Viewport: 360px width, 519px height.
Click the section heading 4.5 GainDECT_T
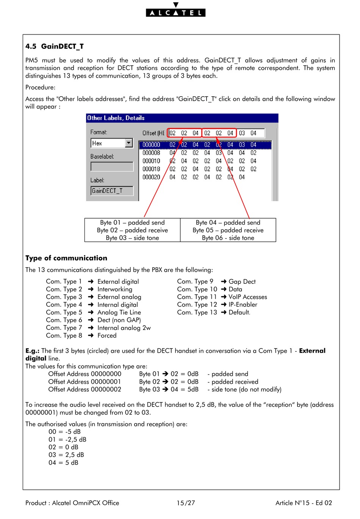[x=55, y=47]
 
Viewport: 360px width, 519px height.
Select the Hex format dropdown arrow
[x=129, y=143]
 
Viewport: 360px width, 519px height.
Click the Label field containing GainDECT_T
[x=112, y=191]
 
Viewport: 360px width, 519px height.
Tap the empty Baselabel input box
[x=112, y=167]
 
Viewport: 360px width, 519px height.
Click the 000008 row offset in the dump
[x=151, y=153]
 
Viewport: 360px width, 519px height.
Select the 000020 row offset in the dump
[x=151, y=177]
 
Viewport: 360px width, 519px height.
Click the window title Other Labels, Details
[x=116, y=118]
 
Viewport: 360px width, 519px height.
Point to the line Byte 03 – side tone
[x=132, y=238]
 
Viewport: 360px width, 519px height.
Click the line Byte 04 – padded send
[x=228, y=223]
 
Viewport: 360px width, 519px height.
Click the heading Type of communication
[x=66, y=258]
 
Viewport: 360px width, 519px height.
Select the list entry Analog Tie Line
[x=119, y=313]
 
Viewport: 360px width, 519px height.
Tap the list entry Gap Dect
[x=242, y=282]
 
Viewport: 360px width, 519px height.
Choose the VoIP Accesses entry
[x=247, y=297]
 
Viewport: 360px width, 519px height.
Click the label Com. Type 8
[x=64, y=336]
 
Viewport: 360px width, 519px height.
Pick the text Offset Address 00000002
[x=85, y=389]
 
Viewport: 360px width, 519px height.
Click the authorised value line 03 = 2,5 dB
[x=66, y=455]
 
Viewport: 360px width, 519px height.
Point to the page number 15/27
[x=186, y=503]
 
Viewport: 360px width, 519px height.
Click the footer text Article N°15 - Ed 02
[x=304, y=503]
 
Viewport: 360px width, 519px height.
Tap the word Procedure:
[x=40, y=88]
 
